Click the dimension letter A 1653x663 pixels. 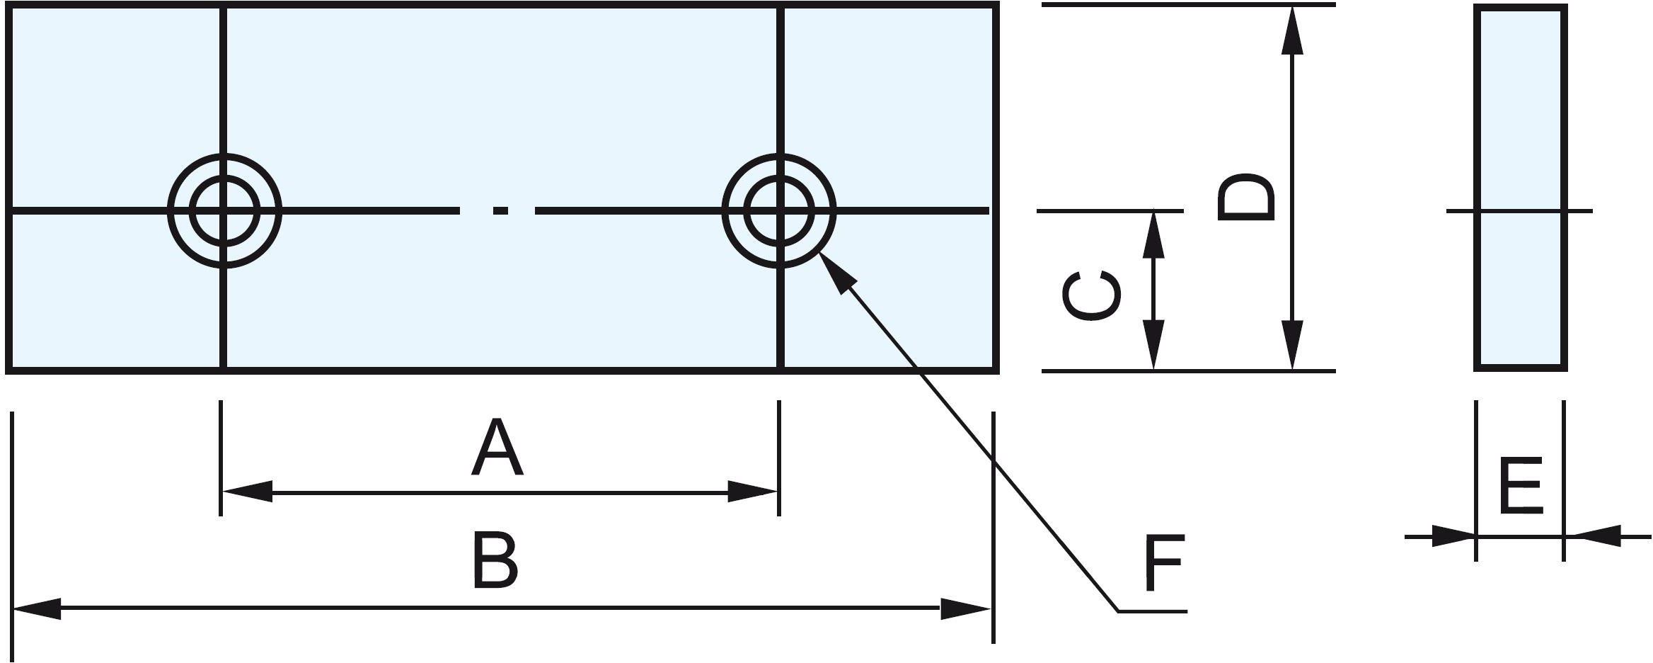[x=497, y=448]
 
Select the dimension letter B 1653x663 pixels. [x=495, y=562]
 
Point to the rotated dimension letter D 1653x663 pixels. [x=1246, y=196]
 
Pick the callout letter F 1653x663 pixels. [x=1164, y=564]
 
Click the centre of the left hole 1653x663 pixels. [x=224, y=210]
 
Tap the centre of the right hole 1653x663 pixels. [x=779, y=210]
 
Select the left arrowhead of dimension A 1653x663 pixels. [x=246, y=492]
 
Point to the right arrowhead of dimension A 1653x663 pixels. [x=754, y=492]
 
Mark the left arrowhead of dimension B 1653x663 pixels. [x=37, y=608]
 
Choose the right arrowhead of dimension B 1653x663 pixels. [x=965, y=608]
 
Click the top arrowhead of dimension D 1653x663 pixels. [x=1293, y=30]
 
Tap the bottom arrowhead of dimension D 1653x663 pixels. [x=1293, y=345]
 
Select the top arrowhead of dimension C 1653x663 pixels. [x=1154, y=234]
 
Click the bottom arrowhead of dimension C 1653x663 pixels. [x=1154, y=345]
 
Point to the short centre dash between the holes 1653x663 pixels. [x=501, y=210]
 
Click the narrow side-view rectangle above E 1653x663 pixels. [x=1521, y=188]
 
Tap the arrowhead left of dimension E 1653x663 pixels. [x=1453, y=536]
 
